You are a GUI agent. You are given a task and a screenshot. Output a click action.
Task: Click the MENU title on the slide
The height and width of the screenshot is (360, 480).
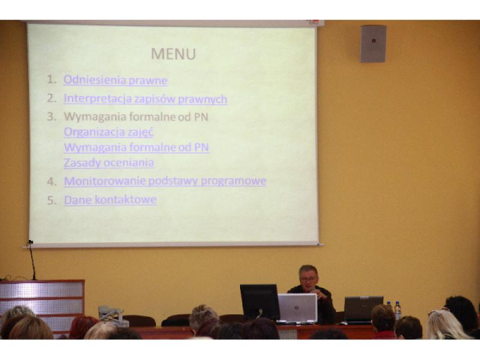[x=174, y=54]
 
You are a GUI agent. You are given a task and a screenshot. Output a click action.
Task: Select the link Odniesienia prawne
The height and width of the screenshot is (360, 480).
[x=115, y=80]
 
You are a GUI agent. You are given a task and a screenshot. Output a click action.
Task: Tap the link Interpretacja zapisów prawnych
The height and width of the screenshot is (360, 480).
[x=146, y=99]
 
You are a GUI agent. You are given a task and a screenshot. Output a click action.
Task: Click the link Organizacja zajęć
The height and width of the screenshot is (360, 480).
[x=108, y=132]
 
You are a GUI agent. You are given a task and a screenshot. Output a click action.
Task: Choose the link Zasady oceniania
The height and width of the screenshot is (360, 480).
[x=109, y=162]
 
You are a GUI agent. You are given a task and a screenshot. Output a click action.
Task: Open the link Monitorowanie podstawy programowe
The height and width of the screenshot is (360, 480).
[x=165, y=181]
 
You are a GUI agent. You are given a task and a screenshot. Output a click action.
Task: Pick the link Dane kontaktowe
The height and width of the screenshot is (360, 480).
[x=110, y=199]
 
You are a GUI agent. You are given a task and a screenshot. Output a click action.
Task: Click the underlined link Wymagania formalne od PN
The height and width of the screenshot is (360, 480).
[x=136, y=147]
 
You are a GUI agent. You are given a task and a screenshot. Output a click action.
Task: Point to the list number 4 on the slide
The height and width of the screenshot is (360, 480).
[x=51, y=182]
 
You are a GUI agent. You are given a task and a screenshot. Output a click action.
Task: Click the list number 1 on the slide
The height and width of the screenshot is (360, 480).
[x=51, y=79]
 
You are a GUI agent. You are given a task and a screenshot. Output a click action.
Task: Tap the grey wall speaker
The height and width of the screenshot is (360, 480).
[x=373, y=44]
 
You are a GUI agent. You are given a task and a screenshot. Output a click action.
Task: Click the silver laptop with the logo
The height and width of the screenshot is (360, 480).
[x=298, y=308]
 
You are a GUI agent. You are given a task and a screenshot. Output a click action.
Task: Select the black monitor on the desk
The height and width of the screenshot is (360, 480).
[x=259, y=302]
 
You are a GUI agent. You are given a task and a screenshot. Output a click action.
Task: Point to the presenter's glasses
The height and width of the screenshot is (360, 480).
[x=308, y=278]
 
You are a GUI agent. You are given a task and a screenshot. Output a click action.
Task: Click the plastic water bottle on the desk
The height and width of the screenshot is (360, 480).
[x=398, y=310]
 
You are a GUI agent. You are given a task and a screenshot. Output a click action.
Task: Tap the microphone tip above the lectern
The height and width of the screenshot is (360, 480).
[x=30, y=242]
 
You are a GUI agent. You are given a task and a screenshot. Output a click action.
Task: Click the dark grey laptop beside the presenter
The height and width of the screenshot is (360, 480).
[x=363, y=309]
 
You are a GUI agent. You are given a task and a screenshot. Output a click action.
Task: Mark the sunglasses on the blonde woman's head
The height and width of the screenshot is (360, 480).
[x=438, y=311]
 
